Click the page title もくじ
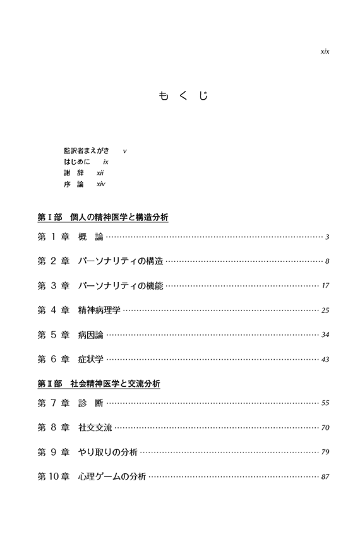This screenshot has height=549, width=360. point(184,95)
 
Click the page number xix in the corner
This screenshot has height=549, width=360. point(325,52)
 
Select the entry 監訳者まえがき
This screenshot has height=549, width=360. point(87,151)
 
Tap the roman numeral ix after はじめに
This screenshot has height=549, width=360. point(105,162)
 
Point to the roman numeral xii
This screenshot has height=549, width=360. point(100,173)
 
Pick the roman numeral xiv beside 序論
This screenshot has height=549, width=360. point(101,184)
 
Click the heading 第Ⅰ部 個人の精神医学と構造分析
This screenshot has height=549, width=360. point(103,217)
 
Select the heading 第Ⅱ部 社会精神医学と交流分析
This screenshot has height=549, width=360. point(99,384)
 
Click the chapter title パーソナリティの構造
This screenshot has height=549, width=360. point(121,261)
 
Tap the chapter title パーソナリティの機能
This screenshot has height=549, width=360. point(121,285)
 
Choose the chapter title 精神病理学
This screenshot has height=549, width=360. point(99,310)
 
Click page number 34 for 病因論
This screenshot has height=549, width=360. point(325,334)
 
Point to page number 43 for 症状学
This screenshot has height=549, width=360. point(325,360)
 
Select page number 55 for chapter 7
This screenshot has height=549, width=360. point(325,403)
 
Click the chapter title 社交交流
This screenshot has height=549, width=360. point(95,427)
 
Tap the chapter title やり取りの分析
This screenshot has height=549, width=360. point(107,452)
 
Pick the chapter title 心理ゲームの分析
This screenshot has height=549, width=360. point(112,476)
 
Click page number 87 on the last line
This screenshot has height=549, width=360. point(325,477)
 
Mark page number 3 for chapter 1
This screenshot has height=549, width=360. point(327,237)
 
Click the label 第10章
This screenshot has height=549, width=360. point(54,476)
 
